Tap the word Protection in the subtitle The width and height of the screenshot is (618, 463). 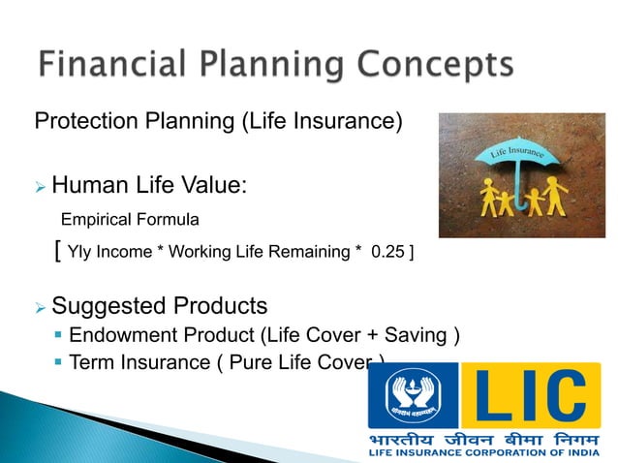pyautogui.click(x=81, y=123)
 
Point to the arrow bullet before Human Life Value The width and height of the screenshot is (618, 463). pyautogui.click(x=41, y=185)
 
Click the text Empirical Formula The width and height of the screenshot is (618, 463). pyautogui.click(x=130, y=219)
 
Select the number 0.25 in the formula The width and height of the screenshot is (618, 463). pyautogui.click(x=388, y=252)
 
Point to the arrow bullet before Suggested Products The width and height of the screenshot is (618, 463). pyautogui.click(x=41, y=308)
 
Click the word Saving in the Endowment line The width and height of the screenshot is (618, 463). pyautogui.click(x=421, y=336)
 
